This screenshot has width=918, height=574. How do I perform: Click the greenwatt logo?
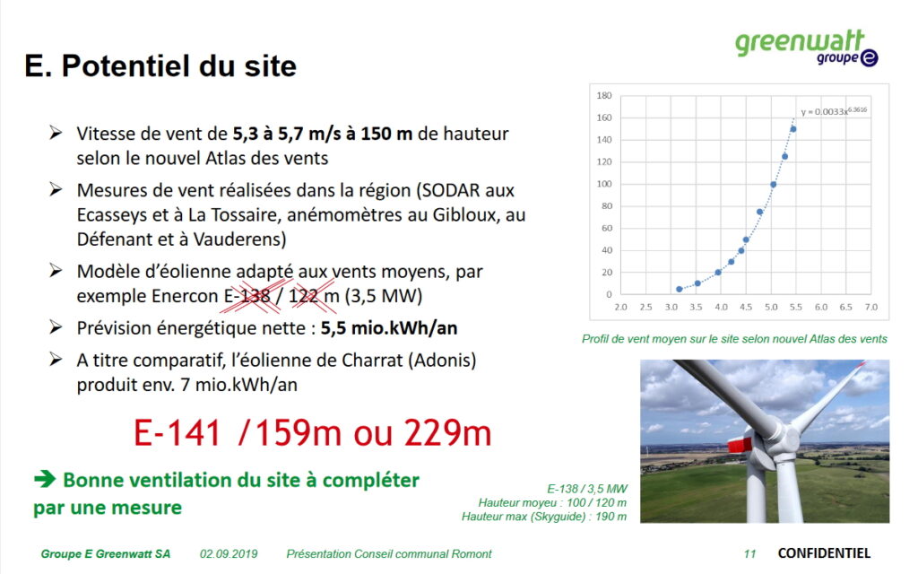[x=807, y=48]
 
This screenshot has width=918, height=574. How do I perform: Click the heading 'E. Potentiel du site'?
[x=160, y=65]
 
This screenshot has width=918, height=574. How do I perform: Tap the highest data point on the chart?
[x=793, y=129]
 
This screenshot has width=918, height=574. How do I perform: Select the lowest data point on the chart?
[x=680, y=290]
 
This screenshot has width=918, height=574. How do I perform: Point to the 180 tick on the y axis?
[x=604, y=95]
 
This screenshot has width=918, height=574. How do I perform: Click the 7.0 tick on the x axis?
[x=871, y=307]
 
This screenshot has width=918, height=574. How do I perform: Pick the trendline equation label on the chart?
[x=834, y=110]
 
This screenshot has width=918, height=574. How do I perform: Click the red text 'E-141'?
[x=178, y=433]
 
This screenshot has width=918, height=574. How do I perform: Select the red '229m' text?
[x=447, y=433]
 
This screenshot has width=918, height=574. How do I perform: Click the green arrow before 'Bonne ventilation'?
[x=45, y=479]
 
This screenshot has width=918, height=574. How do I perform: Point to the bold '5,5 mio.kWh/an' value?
[x=389, y=328]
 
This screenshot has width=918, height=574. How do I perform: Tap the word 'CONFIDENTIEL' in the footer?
[x=824, y=552]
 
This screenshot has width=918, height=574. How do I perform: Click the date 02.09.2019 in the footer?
[x=229, y=553]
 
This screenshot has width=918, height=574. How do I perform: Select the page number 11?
[x=750, y=553]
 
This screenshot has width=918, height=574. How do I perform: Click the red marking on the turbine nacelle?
[x=740, y=445]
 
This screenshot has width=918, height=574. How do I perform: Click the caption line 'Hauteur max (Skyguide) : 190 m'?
[x=544, y=517]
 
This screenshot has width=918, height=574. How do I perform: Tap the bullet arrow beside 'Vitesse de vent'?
[x=56, y=133]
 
